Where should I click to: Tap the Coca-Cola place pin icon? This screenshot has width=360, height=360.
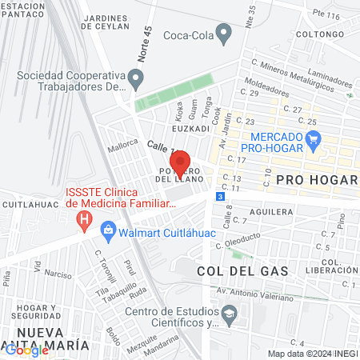pos(224,35)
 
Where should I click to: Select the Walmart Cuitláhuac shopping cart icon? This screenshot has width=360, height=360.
pos(107,234)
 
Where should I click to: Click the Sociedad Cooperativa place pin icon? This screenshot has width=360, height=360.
pos(137,79)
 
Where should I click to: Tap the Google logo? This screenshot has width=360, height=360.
pos(27,350)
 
